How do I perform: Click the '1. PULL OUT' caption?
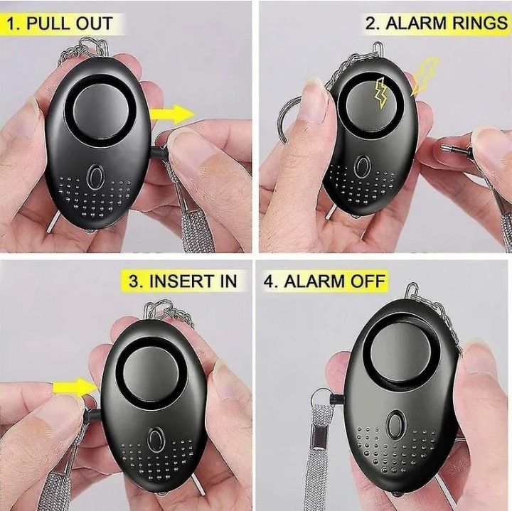[60, 23]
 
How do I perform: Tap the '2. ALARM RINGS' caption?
[436, 23]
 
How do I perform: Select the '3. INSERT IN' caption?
[183, 281]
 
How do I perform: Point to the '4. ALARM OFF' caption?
[324, 281]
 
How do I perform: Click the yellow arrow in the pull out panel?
[172, 114]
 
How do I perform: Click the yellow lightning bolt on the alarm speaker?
[380, 93]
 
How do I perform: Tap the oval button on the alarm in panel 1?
[96, 176]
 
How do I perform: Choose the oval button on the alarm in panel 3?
[156, 439]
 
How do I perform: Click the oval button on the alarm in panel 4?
[396, 424]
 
